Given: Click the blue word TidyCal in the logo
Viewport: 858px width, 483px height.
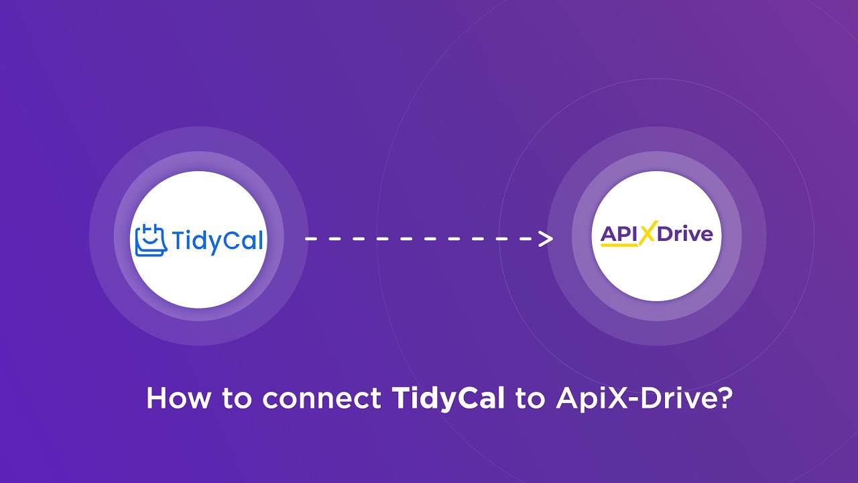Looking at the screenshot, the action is pos(217,240).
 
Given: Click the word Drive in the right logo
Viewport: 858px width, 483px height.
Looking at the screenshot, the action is pos(684,234).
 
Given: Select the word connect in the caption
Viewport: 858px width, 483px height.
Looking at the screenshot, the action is pos(322,399).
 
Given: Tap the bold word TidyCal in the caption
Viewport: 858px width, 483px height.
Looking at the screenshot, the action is pos(448,399).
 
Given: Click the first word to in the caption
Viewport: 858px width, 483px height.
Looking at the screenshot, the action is pos(238,400).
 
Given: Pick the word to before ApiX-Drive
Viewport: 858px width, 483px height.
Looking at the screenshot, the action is pos(530,400).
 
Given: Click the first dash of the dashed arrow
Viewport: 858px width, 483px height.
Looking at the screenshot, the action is pos(310,239).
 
